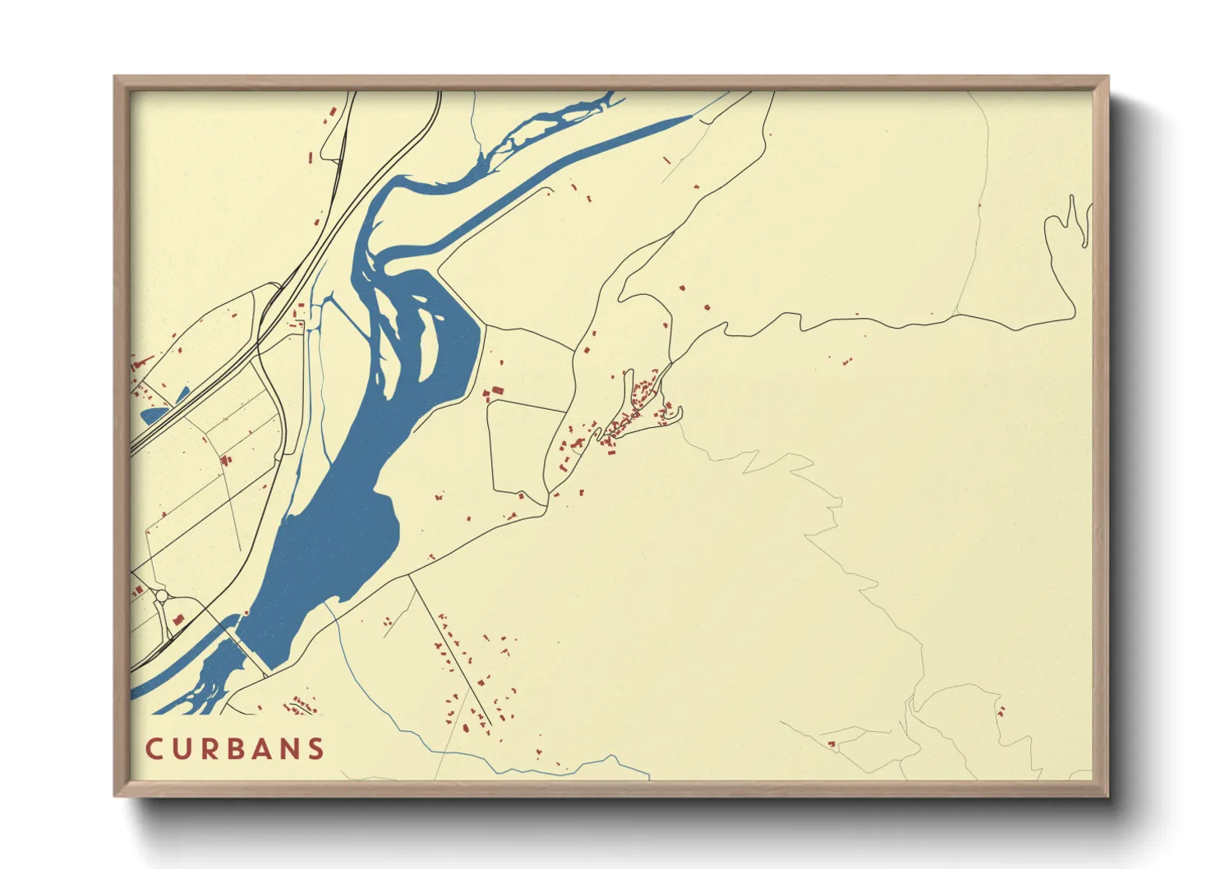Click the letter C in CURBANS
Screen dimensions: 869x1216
tap(154, 749)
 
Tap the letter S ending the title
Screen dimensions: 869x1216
tap(316, 749)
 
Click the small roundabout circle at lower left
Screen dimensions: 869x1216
tap(162, 595)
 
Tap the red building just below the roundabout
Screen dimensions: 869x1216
tap(178, 619)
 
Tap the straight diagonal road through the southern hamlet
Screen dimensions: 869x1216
tap(448, 649)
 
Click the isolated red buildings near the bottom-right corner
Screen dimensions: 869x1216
tap(1000, 710)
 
